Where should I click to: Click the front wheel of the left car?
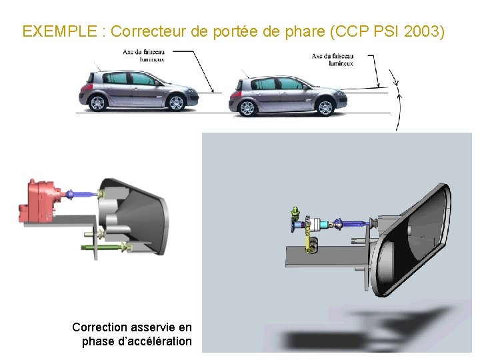pos(176,103)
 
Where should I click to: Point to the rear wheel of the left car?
pos(98,103)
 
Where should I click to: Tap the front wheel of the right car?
pos(325,107)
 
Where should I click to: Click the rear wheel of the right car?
pos(247,107)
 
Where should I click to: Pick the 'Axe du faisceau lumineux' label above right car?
pos(333,59)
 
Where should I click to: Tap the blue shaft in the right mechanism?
pos(353,223)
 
